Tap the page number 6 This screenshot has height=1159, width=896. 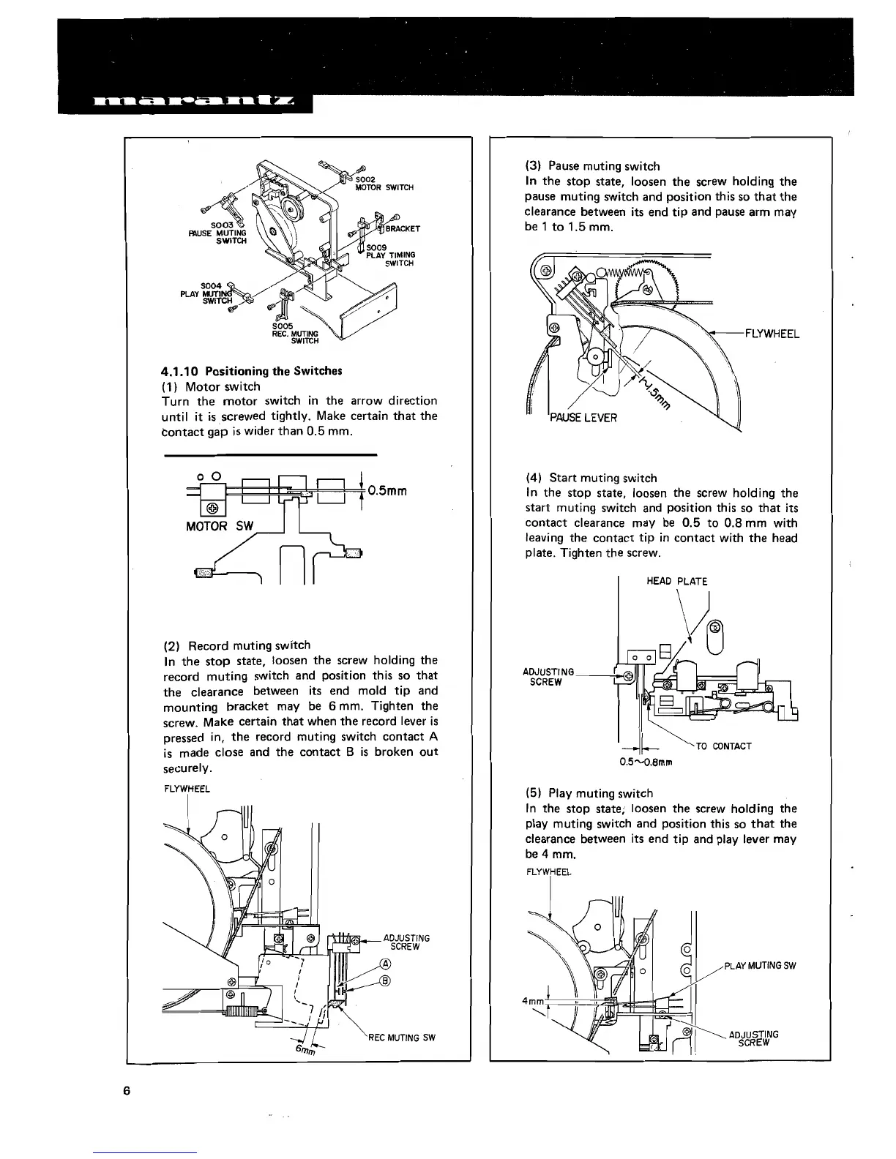point(127,1091)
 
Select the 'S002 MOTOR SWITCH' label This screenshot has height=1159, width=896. point(384,183)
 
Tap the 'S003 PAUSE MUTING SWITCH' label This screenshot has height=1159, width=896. point(218,233)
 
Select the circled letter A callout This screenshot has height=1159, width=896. point(386,964)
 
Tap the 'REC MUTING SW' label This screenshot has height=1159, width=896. point(402,1038)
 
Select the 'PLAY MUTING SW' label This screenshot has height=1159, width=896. point(760,965)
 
